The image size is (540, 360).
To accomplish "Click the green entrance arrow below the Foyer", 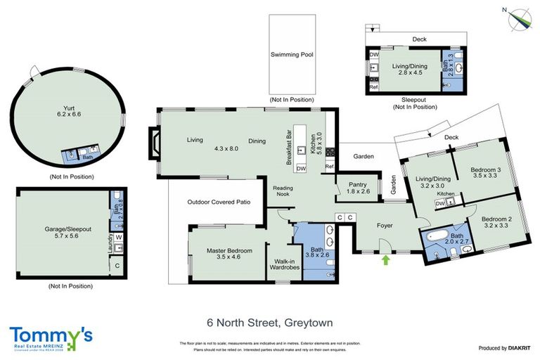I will pos(385,260).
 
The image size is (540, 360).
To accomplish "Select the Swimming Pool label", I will pos(292,54).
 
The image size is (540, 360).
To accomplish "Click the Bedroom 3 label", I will pos(485,172).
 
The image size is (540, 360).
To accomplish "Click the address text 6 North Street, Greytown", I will pos(269,323).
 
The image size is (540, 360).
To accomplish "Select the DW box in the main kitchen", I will pos(301,169).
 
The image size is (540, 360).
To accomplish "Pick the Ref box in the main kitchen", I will pos(328,167).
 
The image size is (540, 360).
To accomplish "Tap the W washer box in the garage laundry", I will pos(118,237).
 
